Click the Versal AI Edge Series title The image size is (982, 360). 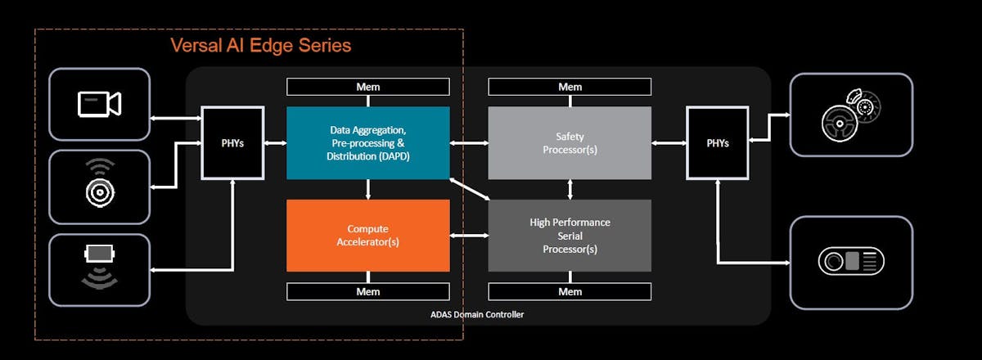coord(260,45)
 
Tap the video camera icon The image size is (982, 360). coord(99,104)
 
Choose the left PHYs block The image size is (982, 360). coord(233,142)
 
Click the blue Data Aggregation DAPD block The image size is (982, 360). coord(367,142)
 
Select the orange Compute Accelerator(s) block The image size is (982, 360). coord(367,236)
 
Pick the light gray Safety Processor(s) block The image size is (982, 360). coord(570,142)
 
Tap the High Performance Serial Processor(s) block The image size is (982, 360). coord(570,236)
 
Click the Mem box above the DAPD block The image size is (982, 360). coord(367,87)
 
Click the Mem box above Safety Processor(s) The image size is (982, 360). coord(570,87)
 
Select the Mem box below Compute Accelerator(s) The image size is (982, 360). coord(367,291)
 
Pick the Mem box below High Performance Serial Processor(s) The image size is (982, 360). coord(570,291)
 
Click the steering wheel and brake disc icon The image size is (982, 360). coord(850,115)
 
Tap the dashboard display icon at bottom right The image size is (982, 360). coord(850,262)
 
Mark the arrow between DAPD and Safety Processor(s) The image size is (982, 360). coord(469,143)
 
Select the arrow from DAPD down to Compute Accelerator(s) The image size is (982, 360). coord(368,189)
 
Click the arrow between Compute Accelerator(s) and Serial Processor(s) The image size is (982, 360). coord(469,236)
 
